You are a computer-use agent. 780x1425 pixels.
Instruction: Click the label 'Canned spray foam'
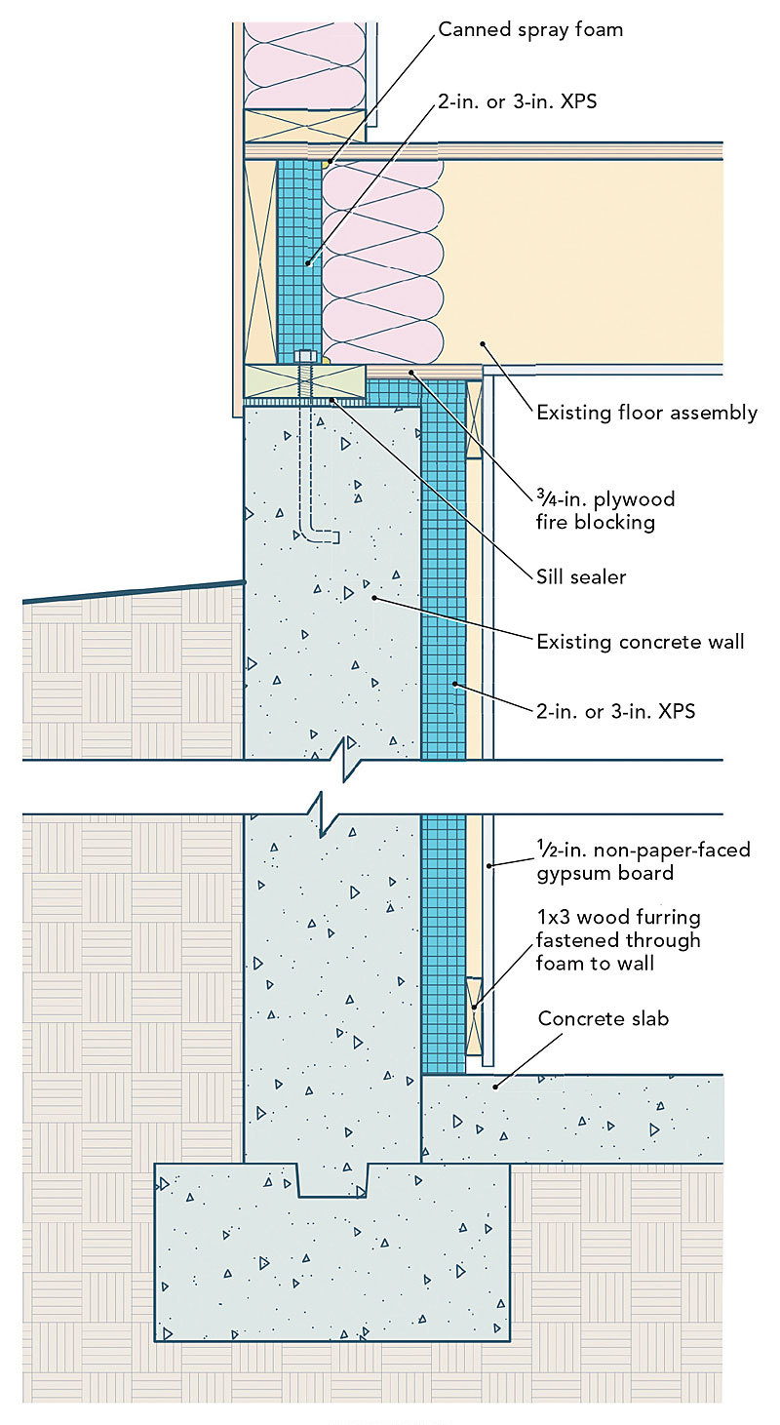(529, 29)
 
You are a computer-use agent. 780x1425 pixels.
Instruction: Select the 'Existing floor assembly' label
(646, 413)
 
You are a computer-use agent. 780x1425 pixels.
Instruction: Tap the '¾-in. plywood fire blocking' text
(605, 510)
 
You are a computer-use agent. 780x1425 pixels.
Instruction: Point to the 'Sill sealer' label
(581, 577)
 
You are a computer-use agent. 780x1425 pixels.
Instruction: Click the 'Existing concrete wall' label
(640, 642)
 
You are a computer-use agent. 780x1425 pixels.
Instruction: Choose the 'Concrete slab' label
(604, 1019)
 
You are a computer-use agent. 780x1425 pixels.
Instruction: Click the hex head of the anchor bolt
(303, 357)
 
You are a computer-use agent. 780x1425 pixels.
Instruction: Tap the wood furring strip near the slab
(475, 1014)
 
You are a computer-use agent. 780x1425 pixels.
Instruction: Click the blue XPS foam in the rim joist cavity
(298, 254)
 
